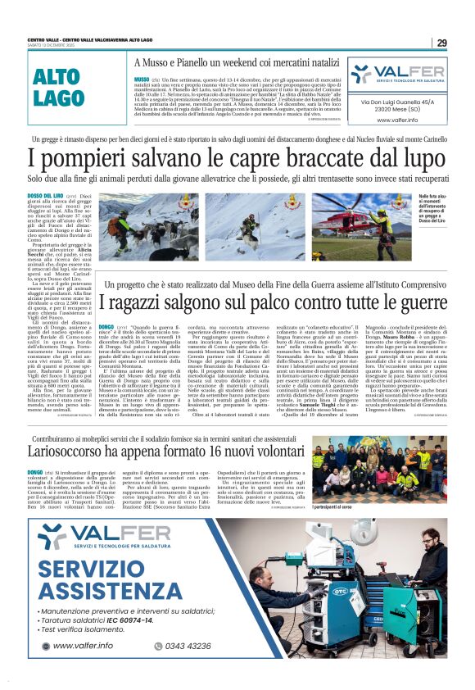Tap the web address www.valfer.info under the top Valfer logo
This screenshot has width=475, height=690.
398,120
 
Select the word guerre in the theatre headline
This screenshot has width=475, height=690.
402,302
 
